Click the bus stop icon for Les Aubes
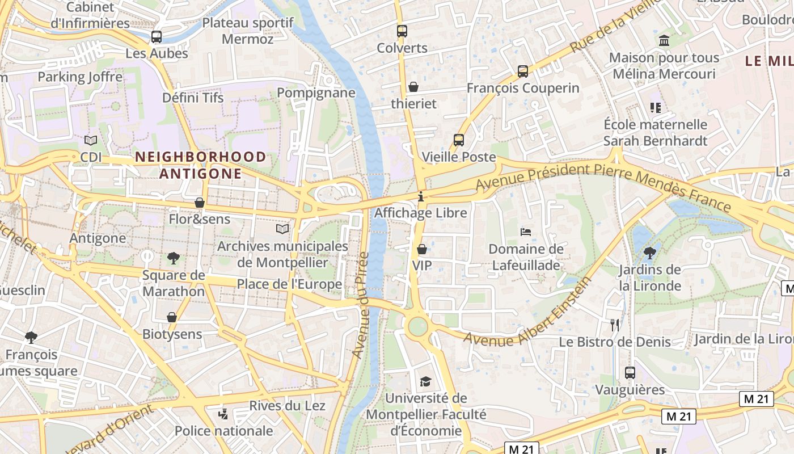(157, 37)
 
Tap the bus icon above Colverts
(402, 31)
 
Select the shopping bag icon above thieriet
(413, 87)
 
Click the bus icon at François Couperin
(523, 72)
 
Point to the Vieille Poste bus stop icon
(459, 140)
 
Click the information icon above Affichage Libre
(421, 197)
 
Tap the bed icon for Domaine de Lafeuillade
(526, 232)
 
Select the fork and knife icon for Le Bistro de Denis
(615, 325)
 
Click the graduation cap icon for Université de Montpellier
(425, 381)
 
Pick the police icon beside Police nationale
(223, 414)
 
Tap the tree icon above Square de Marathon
(174, 258)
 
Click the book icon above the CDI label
(91, 140)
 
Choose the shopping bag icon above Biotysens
(172, 317)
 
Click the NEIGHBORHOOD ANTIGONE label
(200, 165)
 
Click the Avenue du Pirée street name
(361, 305)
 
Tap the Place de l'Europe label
(289, 284)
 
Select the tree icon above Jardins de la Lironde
(650, 253)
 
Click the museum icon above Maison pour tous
(664, 41)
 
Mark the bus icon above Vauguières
(630, 373)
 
